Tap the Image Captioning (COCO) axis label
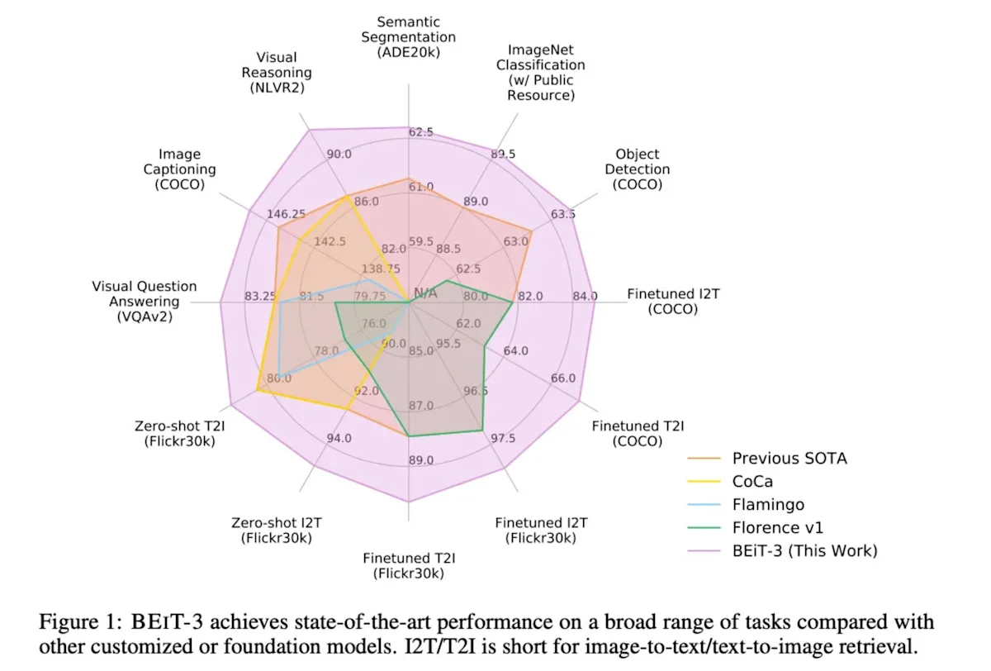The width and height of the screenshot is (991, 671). coord(180,169)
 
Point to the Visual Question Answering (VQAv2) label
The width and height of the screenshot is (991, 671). coord(145,301)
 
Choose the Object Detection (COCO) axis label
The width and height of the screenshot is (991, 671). coord(637,169)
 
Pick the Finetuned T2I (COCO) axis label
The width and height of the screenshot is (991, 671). coord(638,434)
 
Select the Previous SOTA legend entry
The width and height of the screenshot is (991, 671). coord(789,458)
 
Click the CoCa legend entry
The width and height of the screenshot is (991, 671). coord(752,481)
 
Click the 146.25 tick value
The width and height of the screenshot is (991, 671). coord(287,214)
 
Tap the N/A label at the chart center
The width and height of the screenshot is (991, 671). coord(425,293)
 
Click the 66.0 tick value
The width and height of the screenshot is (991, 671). coord(563,378)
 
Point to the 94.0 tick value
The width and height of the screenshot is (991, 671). coord(339,438)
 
